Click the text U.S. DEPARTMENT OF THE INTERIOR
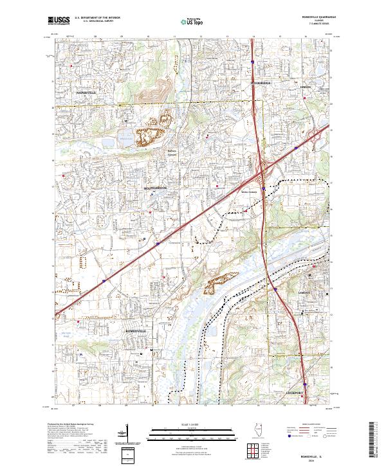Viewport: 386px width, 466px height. (97, 19)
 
